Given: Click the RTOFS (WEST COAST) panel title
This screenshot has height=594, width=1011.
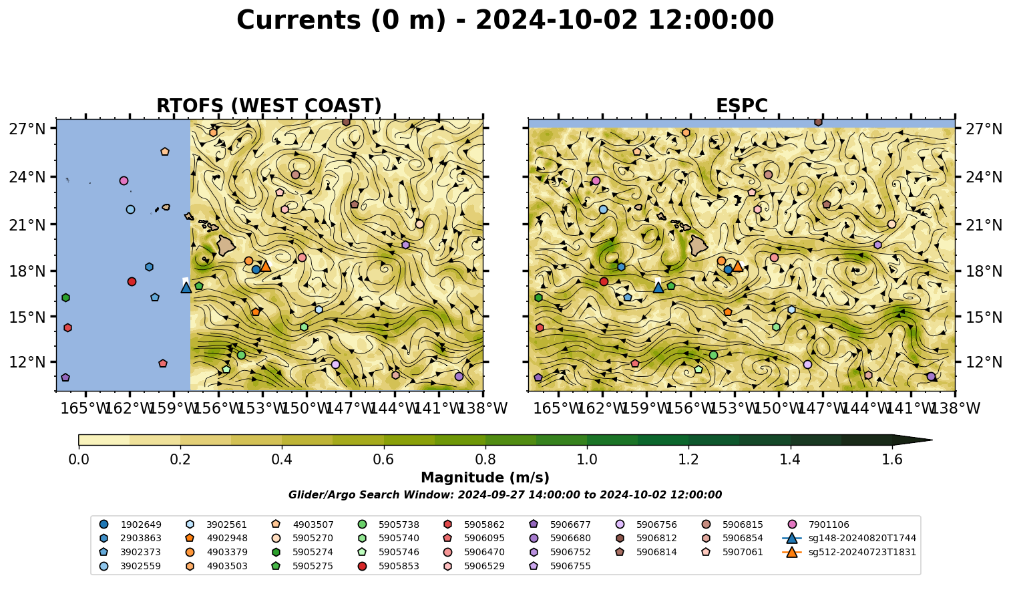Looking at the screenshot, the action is pos(269,106).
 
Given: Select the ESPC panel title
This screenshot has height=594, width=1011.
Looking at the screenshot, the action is pos(741,106).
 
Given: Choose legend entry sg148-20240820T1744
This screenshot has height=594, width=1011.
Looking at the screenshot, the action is pos(849,538).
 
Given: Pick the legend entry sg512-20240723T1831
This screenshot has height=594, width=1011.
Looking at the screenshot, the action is pos(849,552).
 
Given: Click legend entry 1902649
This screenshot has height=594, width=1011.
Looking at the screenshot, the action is pos(131,525).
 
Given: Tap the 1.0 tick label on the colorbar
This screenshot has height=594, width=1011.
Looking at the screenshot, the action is pos(587,460).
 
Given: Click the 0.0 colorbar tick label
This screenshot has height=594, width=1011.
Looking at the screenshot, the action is pos(79,460).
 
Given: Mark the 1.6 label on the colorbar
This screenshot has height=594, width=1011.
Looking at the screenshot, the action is pos(892,460).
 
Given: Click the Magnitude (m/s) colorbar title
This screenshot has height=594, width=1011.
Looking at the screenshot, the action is pos(485,478).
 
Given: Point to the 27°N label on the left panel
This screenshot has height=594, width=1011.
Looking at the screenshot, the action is pos(27,129).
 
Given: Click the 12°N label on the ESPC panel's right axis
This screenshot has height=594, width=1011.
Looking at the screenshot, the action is pos(984,362).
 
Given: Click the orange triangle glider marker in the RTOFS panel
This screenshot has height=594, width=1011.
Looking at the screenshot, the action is pos(265,266).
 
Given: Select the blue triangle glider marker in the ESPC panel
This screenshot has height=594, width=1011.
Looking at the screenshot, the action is pos(658,287).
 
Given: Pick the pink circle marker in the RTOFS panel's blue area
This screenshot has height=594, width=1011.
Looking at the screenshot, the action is pos(124,180).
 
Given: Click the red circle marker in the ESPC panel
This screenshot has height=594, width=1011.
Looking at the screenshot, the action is pos(604,281).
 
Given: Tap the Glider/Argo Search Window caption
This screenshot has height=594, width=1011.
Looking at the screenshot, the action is pos(505,495).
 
